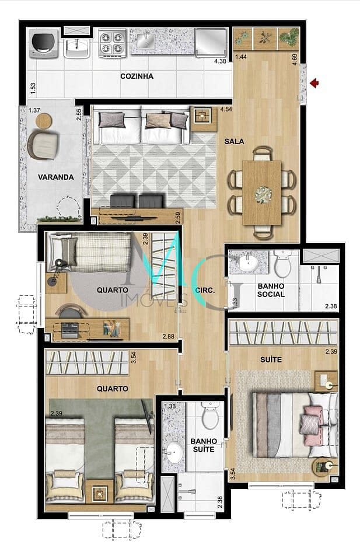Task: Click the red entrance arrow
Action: point(315,83)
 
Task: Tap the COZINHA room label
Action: point(137,76)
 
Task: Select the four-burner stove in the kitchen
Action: point(113,43)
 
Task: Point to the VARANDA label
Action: point(56,177)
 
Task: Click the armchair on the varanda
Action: point(43,144)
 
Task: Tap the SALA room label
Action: point(234,142)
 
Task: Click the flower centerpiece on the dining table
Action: point(262,193)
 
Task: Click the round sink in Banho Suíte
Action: point(174,453)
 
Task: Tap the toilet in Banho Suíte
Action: point(210,416)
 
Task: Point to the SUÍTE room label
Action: point(271,359)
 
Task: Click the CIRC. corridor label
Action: point(205,291)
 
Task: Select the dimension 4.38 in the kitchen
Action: point(220,61)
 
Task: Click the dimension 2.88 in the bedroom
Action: point(169,337)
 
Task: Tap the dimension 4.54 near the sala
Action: point(226,109)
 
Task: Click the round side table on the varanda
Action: point(44,121)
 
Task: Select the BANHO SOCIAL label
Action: point(271,291)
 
